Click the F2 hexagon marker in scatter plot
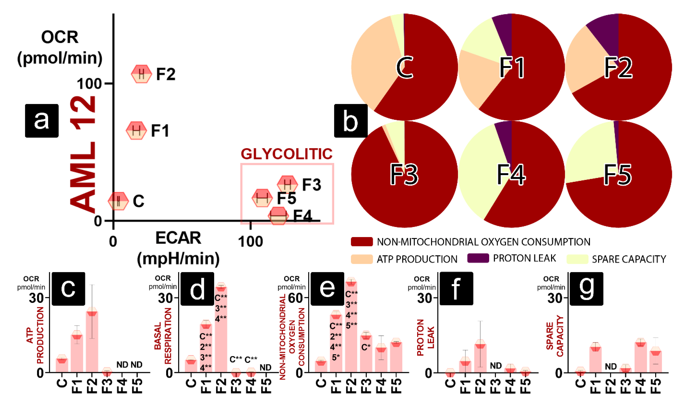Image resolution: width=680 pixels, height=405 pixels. tap(141, 74)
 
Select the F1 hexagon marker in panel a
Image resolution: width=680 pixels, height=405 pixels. tap(136, 130)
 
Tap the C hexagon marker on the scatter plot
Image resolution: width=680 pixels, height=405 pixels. tap(118, 201)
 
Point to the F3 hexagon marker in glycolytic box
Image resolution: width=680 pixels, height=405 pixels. tap(287, 184)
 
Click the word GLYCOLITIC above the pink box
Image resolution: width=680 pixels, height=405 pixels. tap(286, 154)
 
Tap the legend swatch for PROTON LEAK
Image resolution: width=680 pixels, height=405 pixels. tap(478, 258)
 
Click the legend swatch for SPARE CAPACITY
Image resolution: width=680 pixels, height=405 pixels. tap(577, 259)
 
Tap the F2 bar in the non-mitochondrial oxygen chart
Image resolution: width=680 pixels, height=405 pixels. tap(351, 327)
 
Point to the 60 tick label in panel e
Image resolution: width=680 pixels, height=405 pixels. tap(295, 298)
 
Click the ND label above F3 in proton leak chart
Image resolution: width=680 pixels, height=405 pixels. tap(496, 365)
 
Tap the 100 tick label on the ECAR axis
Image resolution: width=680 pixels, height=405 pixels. tap(250, 242)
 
